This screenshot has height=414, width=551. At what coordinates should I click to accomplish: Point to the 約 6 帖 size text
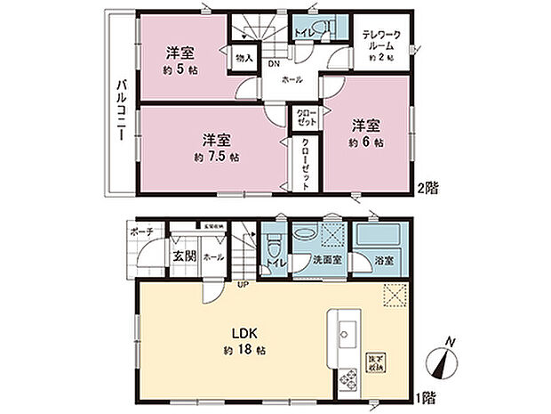click(x=367, y=142)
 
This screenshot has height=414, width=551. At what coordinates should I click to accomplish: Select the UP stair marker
click(x=241, y=285)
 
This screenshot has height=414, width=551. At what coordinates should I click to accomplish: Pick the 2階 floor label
click(x=430, y=188)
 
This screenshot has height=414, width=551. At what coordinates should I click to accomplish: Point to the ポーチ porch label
click(x=141, y=231)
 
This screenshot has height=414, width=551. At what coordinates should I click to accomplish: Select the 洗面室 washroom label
click(x=323, y=261)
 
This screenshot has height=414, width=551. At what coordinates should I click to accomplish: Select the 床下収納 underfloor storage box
click(x=376, y=361)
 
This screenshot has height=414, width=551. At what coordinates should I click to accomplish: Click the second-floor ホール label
click(x=292, y=80)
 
